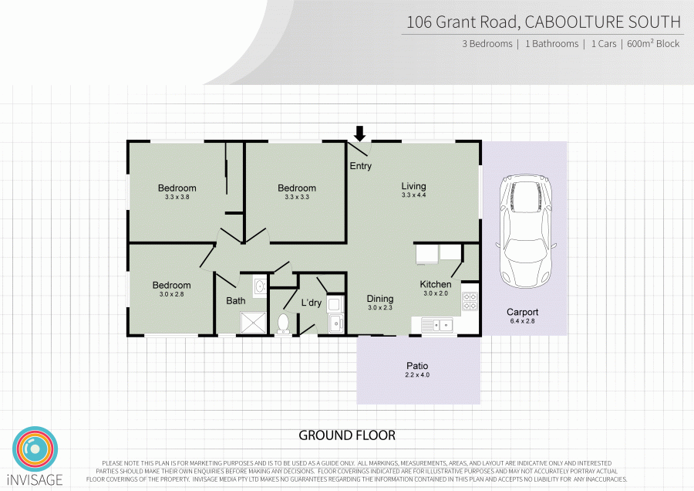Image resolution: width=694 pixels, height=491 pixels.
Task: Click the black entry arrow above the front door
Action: (359, 134)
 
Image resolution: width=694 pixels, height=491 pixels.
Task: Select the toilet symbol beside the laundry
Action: (283, 323)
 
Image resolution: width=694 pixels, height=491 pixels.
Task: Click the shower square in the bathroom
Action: (252, 323)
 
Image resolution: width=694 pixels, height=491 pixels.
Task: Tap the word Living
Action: (413, 186)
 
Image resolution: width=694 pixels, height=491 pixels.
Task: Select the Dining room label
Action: (380, 299)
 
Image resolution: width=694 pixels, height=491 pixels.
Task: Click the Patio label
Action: (417, 366)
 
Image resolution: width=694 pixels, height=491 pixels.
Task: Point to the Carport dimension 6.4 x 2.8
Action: (522, 321)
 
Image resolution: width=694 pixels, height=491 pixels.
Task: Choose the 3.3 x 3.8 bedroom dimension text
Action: (177, 198)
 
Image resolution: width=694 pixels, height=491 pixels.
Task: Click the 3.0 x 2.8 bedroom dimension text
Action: (171, 294)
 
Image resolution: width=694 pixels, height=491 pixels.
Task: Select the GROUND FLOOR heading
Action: (347, 435)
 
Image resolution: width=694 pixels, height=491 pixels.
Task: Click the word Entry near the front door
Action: (361, 166)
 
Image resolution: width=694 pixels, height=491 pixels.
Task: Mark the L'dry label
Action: (311, 303)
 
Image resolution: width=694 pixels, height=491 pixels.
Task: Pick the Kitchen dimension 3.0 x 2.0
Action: (435, 293)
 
